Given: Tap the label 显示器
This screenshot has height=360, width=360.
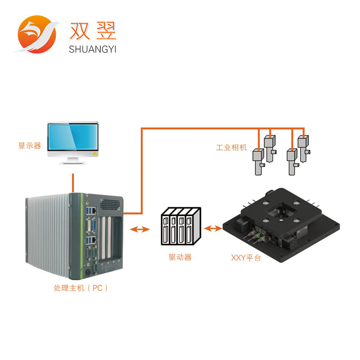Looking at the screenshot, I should [29, 146].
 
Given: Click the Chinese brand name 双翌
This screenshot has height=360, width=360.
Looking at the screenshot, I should [93, 31].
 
